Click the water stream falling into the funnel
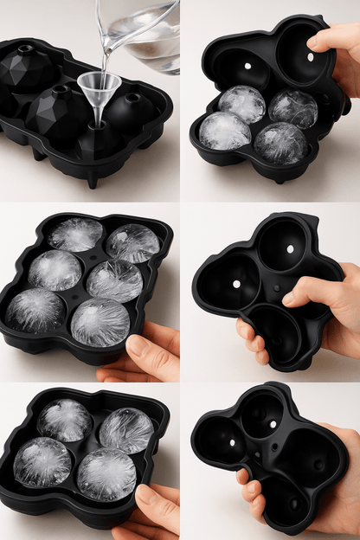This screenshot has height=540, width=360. tap(105, 57)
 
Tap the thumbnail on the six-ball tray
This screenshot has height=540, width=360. tap(137, 347)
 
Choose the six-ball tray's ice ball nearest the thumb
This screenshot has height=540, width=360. tap(100, 322)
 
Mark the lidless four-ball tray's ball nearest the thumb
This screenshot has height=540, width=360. tap(106, 474)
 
